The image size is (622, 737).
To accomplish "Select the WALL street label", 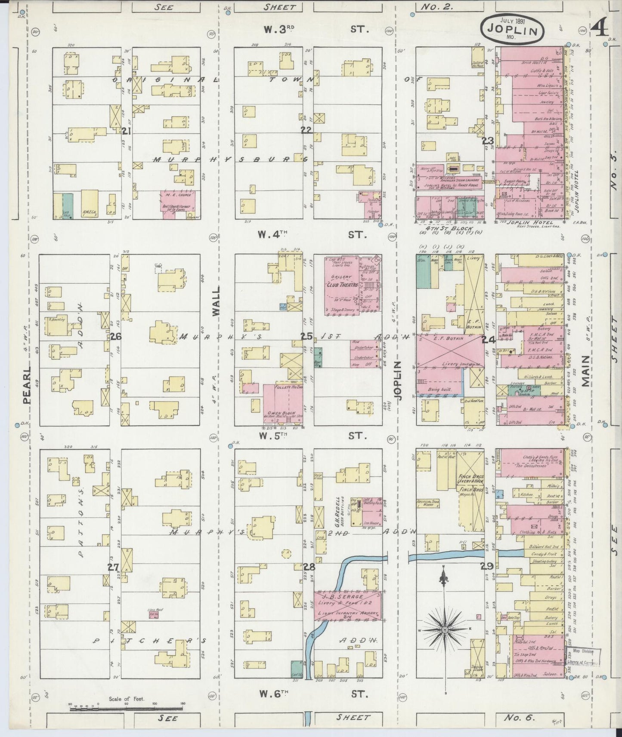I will point(216,302).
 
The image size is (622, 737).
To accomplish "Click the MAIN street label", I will point(585,371).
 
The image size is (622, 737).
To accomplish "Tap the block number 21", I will point(126,131).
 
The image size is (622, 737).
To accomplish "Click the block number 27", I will point(113,567).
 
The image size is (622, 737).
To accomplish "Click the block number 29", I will point(487,567).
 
